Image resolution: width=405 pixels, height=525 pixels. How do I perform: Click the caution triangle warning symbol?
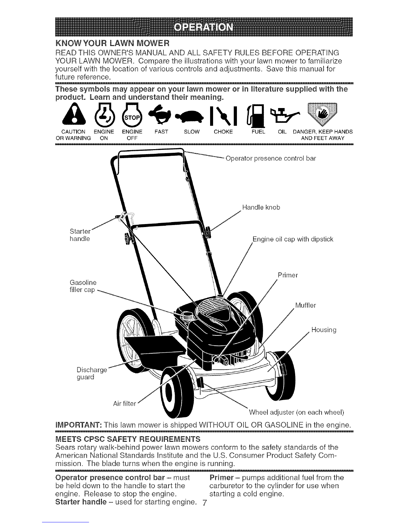pos(74,115)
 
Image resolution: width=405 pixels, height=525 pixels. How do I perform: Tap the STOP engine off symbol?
pos(132,115)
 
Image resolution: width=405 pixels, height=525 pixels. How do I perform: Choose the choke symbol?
pos(223,116)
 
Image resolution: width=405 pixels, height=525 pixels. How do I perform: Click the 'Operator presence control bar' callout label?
pos(270,158)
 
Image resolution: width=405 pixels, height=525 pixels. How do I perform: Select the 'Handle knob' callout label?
pos(261,207)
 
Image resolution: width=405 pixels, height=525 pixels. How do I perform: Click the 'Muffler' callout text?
pos(306,305)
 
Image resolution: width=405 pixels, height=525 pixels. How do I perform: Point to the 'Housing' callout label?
pos(324,330)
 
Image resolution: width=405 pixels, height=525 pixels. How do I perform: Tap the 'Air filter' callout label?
pos(124,403)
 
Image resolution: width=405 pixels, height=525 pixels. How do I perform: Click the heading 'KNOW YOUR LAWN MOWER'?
pos(112,43)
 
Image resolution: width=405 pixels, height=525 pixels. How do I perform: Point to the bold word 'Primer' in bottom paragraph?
pos(221,478)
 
